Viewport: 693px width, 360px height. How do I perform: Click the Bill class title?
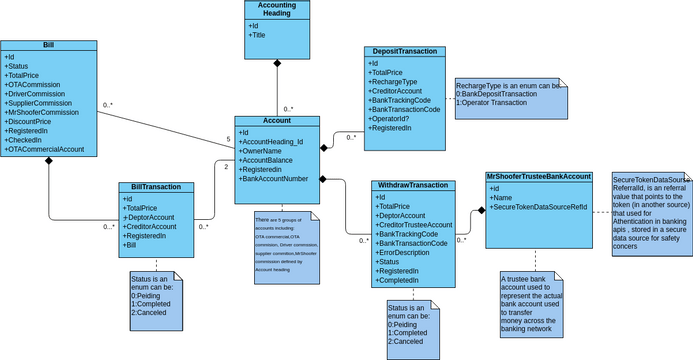[48, 46]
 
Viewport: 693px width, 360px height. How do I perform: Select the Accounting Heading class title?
[276, 10]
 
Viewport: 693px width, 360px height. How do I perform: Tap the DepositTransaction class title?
[403, 51]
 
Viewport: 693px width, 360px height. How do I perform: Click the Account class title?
[276, 120]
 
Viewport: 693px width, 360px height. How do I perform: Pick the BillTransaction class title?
[156, 187]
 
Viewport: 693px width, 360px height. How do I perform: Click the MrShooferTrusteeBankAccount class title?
[539, 176]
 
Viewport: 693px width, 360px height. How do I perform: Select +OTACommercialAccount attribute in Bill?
[45, 150]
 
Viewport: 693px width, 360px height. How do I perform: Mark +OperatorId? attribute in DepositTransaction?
[393, 118]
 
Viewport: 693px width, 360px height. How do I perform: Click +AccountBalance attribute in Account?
[268, 160]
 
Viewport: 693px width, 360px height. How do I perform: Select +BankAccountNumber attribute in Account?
[274, 179]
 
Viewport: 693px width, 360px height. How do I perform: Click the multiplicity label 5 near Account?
[228, 139]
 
